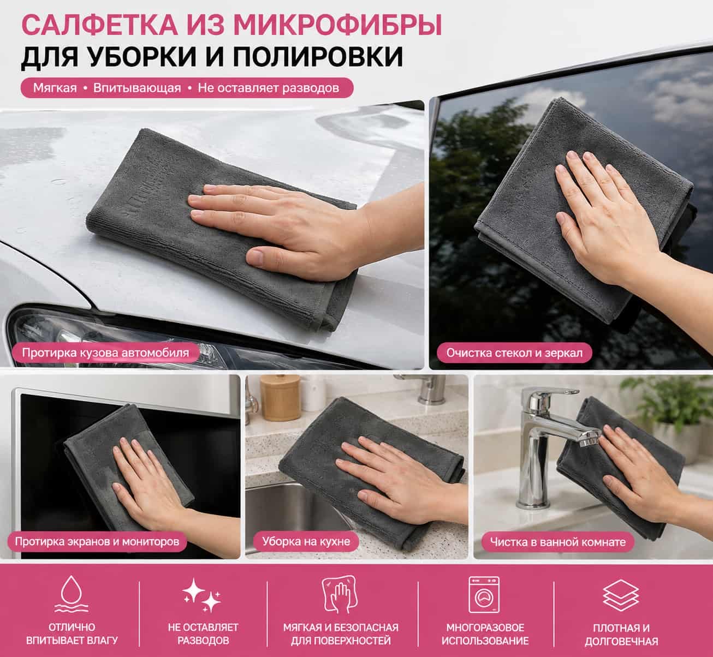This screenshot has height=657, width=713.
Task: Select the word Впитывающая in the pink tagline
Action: [137, 88]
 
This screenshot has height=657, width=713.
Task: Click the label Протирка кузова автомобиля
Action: [105, 353]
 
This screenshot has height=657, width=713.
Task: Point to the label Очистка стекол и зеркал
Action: [514, 353]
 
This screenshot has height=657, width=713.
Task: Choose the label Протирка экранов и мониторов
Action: [97, 541]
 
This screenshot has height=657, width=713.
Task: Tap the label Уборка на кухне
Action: [306, 541]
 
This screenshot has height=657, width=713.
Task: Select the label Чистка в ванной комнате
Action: [558, 542]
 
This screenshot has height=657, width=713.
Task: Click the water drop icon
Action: [72, 595]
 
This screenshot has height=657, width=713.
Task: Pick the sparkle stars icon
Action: [203, 595]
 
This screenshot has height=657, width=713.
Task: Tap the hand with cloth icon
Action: [339, 594]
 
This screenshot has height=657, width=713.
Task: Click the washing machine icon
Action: [484, 595]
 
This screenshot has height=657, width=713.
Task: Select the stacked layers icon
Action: [621, 595]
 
